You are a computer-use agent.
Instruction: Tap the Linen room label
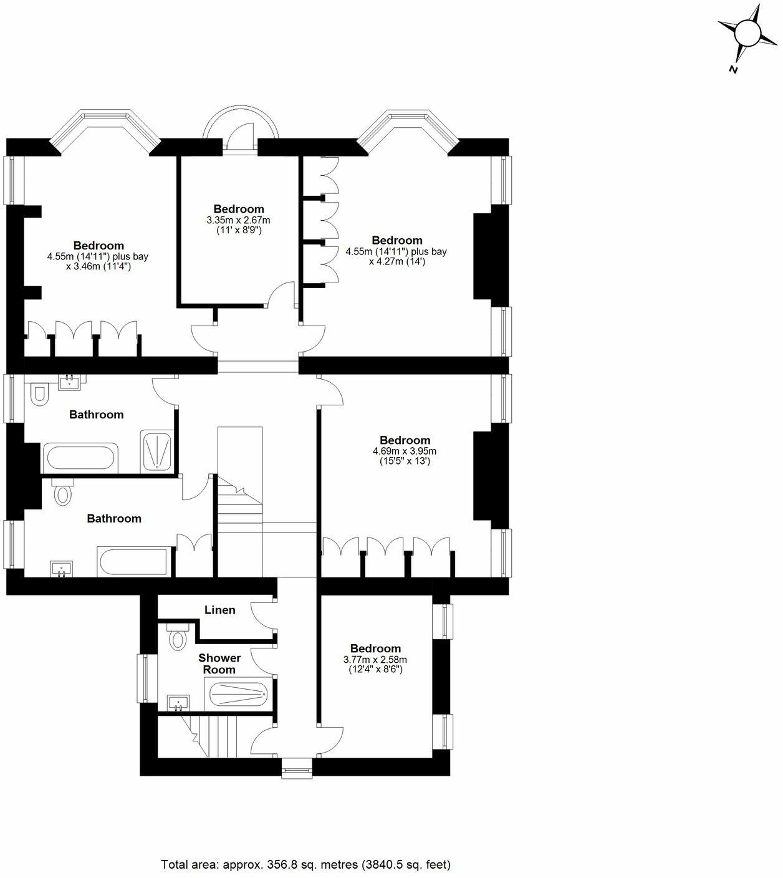coord(220,610)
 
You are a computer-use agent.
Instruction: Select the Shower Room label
coord(219,663)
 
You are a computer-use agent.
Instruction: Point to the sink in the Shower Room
coord(178,703)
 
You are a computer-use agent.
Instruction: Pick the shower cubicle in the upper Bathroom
coord(157,450)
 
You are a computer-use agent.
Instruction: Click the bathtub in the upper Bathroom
coord(79,458)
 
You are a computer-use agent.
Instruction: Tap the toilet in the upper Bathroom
coord(38,395)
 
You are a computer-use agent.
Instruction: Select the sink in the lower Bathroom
coord(61,569)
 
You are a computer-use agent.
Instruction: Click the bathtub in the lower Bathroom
coord(133,562)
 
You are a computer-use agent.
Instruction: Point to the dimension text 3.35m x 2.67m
coord(238,220)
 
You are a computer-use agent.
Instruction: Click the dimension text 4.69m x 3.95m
coord(405,451)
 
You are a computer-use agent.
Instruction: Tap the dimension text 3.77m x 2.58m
coord(375,660)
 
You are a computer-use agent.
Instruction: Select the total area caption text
coord(305,864)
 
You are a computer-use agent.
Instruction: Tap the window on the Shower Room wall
coord(143,678)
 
